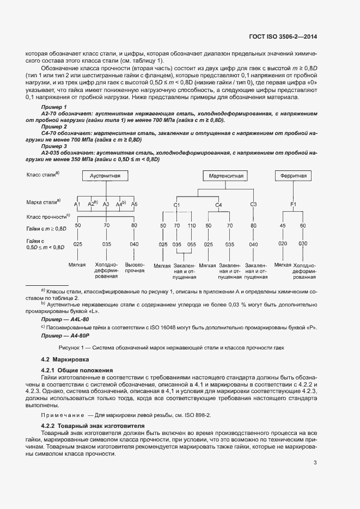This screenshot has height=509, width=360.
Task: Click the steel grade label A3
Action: (106, 204)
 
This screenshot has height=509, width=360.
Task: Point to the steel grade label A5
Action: (134, 204)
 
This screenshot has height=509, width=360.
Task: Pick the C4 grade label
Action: (218, 205)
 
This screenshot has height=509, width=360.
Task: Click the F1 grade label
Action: (293, 205)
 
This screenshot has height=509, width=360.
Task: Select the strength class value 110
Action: (191, 225)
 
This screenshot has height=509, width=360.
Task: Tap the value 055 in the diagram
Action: (191, 244)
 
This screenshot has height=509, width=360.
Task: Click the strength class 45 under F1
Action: (283, 225)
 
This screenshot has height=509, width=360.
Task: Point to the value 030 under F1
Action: (303, 244)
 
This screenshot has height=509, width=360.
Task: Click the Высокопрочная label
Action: (135, 267)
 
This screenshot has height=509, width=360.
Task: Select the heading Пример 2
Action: (54, 126)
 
